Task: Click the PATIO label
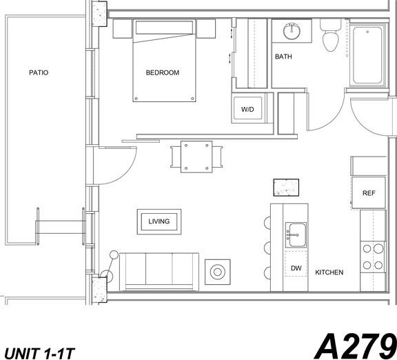(x=39, y=72)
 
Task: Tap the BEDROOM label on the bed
(x=163, y=72)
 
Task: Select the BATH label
(x=283, y=57)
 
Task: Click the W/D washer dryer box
(x=247, y=110)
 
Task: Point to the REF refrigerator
(x=369, y=193)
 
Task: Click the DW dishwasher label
(x=296, y=268)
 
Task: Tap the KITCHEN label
(x=329, y=272)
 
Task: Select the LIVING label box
(x=159, y=221)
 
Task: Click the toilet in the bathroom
(x=329, y=36)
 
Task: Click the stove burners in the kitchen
(x=373, y=257)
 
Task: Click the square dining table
(x=196, y=157)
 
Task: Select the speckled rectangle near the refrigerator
(x=287, y=187)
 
